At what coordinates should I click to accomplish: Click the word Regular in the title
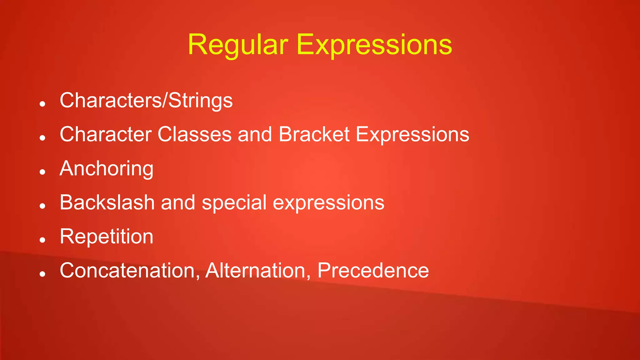237,45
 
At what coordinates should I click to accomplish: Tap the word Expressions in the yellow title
374,45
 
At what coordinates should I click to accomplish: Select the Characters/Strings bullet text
146,101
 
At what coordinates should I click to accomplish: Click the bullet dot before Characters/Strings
43,104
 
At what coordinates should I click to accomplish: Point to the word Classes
194,135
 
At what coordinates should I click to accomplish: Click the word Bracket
314,135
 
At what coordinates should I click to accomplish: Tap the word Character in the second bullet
106,135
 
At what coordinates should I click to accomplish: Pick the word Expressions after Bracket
412,135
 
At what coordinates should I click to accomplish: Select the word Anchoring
106,169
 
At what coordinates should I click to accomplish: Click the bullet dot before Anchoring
43,172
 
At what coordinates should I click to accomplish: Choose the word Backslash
107,202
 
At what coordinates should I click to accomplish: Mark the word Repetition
106,237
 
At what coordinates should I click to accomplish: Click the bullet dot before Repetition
43,240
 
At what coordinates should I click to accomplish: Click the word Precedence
373,271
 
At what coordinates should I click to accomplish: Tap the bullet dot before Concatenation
43,274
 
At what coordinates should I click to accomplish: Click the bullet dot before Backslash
43,206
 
